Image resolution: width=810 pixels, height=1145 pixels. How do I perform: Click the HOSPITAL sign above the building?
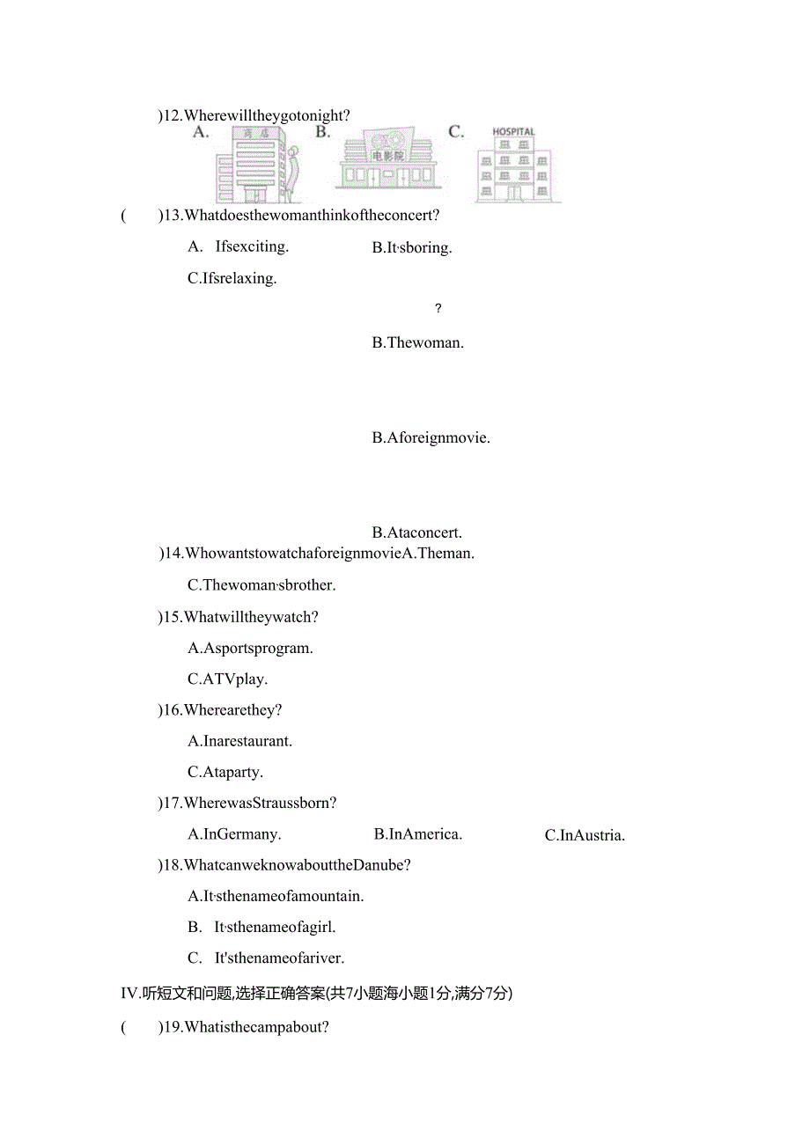click(513, 132)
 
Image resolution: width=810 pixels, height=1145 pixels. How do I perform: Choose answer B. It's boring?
click(412, 248)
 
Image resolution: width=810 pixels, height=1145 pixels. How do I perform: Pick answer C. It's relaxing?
click(232, 278)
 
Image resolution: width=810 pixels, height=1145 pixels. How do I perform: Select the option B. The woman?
click(417, 342)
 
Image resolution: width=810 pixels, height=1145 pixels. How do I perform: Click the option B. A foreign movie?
click(431, 437)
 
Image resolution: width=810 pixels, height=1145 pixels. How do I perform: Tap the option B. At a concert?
click(416, 532)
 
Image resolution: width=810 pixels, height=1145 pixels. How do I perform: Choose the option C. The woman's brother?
click(261, 584)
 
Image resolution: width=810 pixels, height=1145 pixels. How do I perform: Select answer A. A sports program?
click(250, 649)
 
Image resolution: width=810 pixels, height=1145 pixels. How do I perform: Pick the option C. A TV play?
click(227, 679)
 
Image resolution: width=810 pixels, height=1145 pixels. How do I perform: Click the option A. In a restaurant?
click(239, 741)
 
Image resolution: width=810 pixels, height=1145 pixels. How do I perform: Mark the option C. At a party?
click(225, 773)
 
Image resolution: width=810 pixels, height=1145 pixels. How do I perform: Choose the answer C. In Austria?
click(585, 835)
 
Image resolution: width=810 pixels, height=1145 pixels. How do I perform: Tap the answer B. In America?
click(417, 834)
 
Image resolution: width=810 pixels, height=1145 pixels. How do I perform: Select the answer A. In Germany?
click(234, 834)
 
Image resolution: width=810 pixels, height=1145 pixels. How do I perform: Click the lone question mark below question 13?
click(438, 309)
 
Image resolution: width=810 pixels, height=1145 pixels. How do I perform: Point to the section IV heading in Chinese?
click(316, 994)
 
